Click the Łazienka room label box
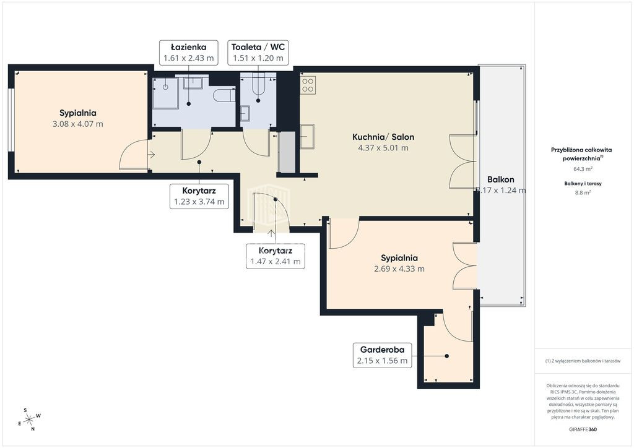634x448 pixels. [x=188, y=53]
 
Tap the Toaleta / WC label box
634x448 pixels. [x=258, y=53]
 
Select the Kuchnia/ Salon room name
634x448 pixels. [x=383, y=137]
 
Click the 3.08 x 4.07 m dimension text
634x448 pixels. [x=77, y=124]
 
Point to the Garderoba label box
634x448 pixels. [x=382, y=355]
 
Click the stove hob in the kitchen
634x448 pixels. [x=308, y=85]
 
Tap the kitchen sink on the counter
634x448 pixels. [x=307, y=136]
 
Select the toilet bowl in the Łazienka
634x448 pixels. [x=224, y=96]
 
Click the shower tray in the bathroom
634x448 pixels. [x=165, y=93]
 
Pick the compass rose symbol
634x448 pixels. [x=29, y=420]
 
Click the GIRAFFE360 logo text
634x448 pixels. [x=583, y=429]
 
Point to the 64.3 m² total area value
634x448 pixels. [x=583, y=169]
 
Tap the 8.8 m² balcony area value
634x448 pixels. [x=583, y=192]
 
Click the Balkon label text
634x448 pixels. [x=500, y=180]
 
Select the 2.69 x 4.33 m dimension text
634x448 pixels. [x=399, y=269]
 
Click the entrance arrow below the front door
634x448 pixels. [x=271, y=234]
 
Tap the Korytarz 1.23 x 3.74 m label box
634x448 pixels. [x=199, y=196]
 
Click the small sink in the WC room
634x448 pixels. [x=245, y=113]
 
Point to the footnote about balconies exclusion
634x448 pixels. [x=583, y=361]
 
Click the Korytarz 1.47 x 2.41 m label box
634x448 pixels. [x=276, y=256]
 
